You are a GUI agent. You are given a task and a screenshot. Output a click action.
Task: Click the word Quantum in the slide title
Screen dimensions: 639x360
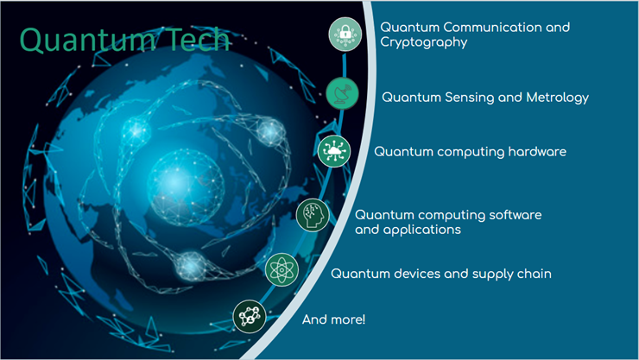click(86, 40)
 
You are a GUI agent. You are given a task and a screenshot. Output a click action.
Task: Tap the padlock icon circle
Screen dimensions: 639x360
click(345, 35)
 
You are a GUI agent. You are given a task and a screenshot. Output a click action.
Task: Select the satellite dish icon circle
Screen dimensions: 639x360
click(342, 93)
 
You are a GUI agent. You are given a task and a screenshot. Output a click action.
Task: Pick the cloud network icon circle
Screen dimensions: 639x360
click(334, 151)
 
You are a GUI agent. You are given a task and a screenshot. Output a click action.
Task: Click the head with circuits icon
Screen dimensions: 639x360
click(313, 215)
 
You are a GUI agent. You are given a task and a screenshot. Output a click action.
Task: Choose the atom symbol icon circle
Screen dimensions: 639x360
click(282, 269)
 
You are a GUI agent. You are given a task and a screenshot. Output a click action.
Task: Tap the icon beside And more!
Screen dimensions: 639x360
click(250, 317)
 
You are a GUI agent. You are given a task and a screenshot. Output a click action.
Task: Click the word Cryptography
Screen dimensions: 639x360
click(424, 43)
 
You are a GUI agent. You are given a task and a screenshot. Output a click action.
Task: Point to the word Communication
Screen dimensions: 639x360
click(492, 28)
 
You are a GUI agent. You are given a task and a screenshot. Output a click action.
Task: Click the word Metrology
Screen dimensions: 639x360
click(558, 98)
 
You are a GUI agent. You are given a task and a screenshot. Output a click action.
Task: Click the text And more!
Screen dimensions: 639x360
click(334, 319)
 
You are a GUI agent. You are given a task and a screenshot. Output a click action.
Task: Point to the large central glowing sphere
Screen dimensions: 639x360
click(186, 187)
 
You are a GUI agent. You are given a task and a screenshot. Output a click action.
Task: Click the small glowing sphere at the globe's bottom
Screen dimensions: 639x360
click(191, 266)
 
